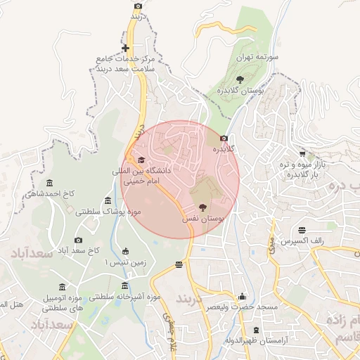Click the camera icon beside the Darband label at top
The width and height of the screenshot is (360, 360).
coord(138,6)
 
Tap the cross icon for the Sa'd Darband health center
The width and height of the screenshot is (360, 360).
coord(125,49)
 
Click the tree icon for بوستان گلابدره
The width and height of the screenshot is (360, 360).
coord(240,79)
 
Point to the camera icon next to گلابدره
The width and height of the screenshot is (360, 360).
coord(224,139)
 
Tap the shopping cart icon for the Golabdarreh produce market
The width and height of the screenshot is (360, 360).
coord(302,153)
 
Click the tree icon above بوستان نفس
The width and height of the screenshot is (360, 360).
coord(203,207)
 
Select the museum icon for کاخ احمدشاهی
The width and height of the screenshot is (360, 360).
coord(49,183)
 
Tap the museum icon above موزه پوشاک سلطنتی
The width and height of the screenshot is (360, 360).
coord(107,200)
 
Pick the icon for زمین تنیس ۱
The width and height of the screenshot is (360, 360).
coord(125,252)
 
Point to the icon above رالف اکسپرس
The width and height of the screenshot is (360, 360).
coord(302,230)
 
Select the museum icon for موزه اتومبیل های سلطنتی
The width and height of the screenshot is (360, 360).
coord(63,287)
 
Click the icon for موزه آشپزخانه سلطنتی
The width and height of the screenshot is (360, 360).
coord(125,285)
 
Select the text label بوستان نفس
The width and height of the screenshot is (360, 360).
coord(203,220)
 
